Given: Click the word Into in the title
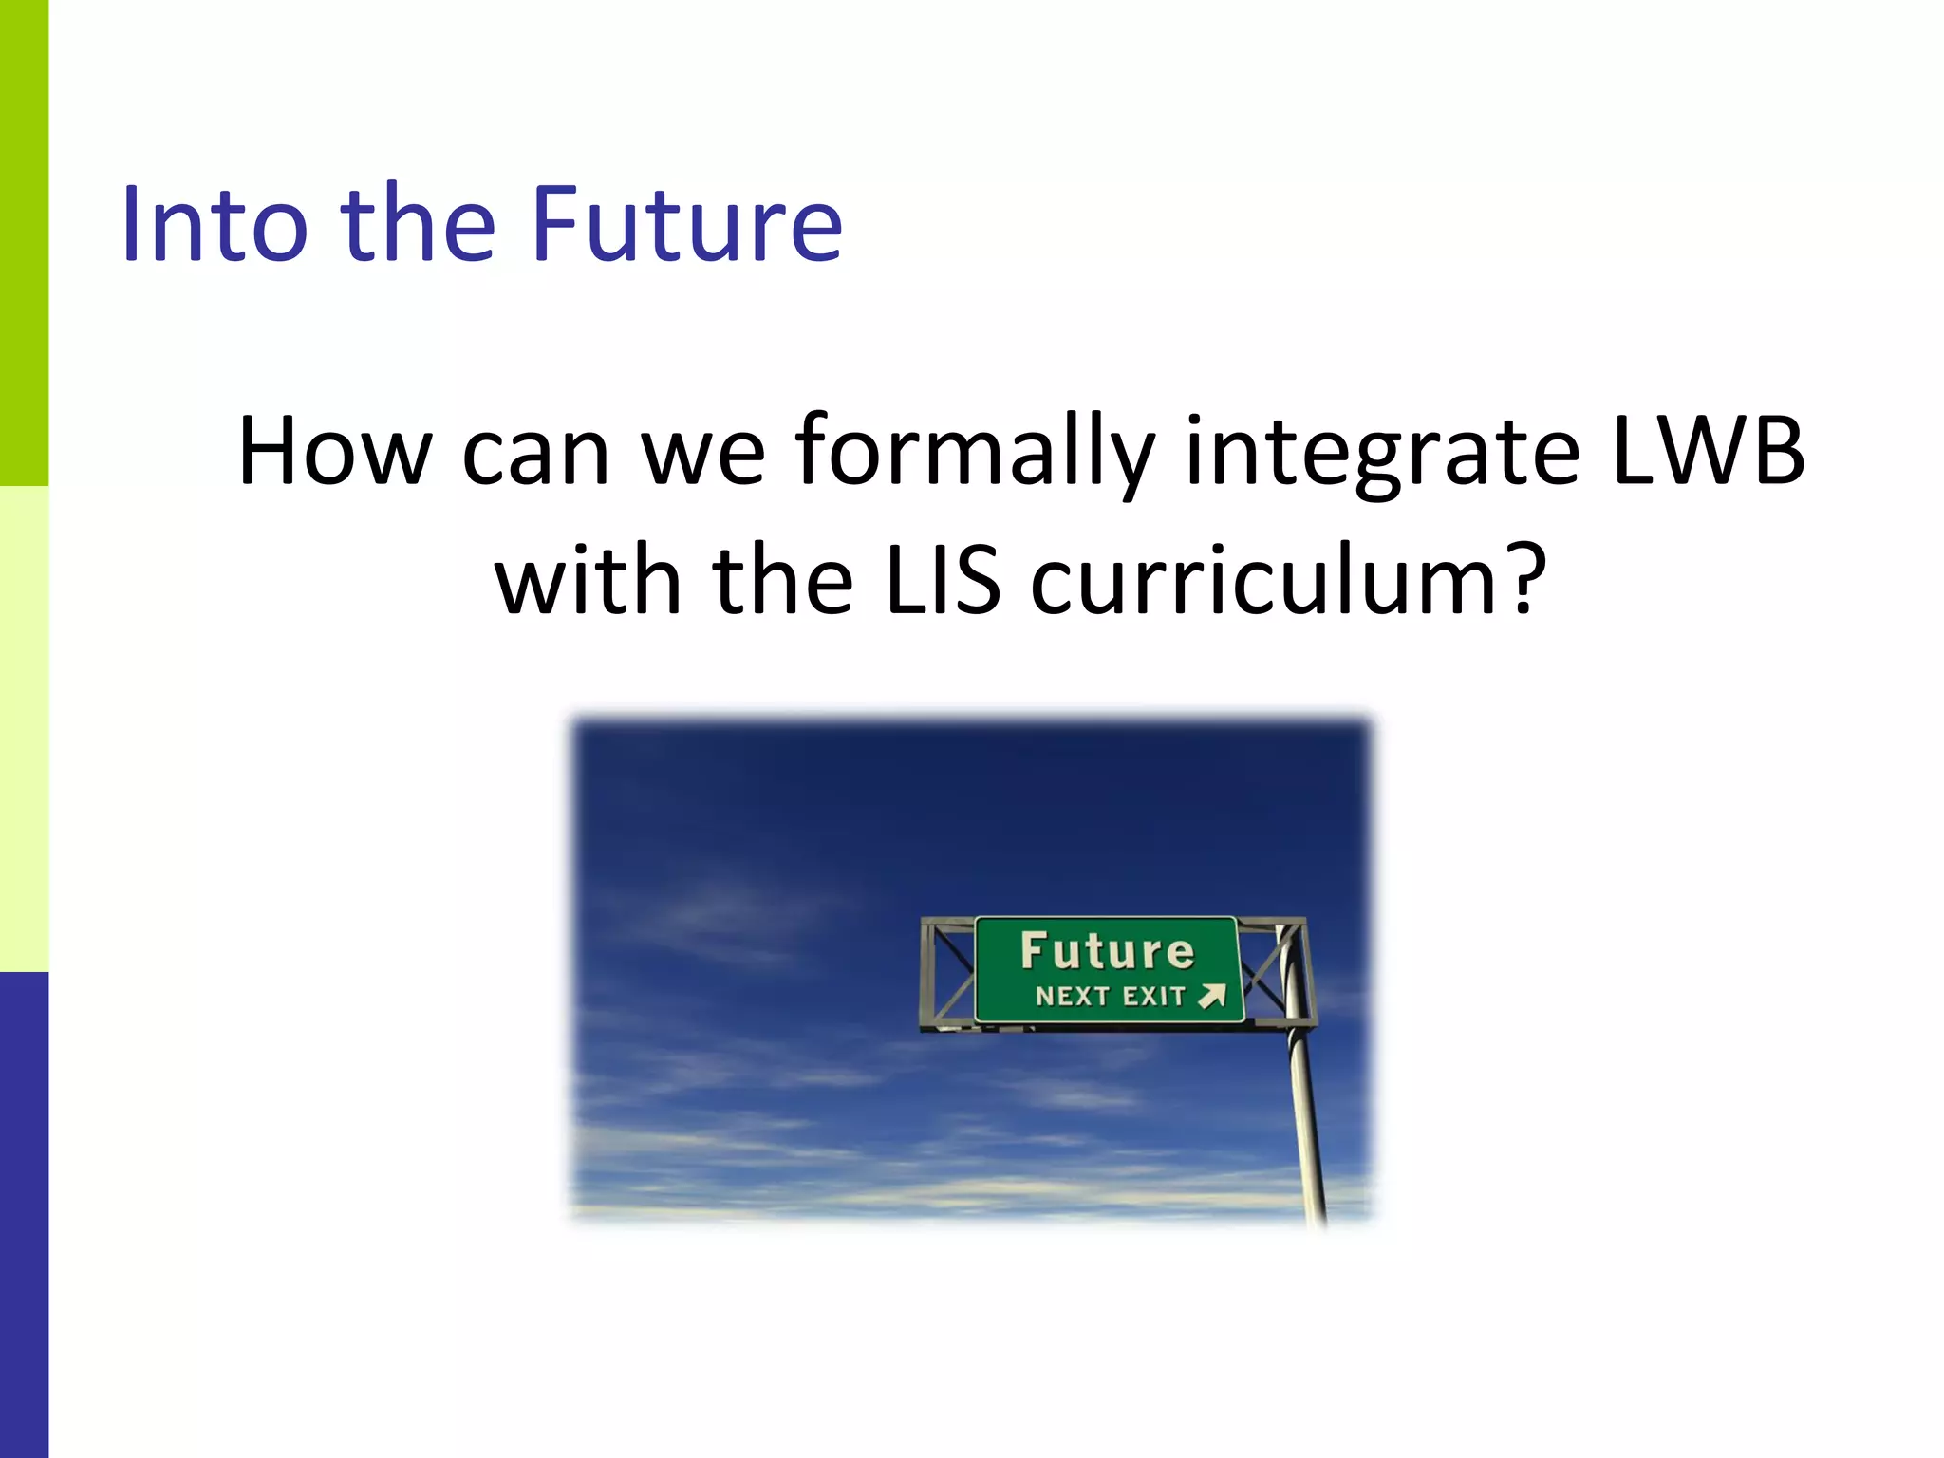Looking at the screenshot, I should [x=215, y=224].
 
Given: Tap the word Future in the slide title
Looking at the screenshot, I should [x=686, y=224].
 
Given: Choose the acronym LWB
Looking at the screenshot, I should [x=1709, y=451].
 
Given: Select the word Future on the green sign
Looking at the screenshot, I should [x=1107, y=951].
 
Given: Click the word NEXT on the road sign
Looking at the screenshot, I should [x=1073, y=996].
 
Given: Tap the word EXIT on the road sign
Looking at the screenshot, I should [x=1154, y=996].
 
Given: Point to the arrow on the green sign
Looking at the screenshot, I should [x=1212, y=995].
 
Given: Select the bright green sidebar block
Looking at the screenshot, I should [x=24, y=243].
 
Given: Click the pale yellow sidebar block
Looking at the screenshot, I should [x=24, y=729].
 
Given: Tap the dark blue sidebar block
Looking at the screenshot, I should [x=24, y=1215].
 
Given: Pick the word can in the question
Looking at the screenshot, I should [x=535, y=451].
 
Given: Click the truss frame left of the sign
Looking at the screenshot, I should [x=947, y=972].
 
